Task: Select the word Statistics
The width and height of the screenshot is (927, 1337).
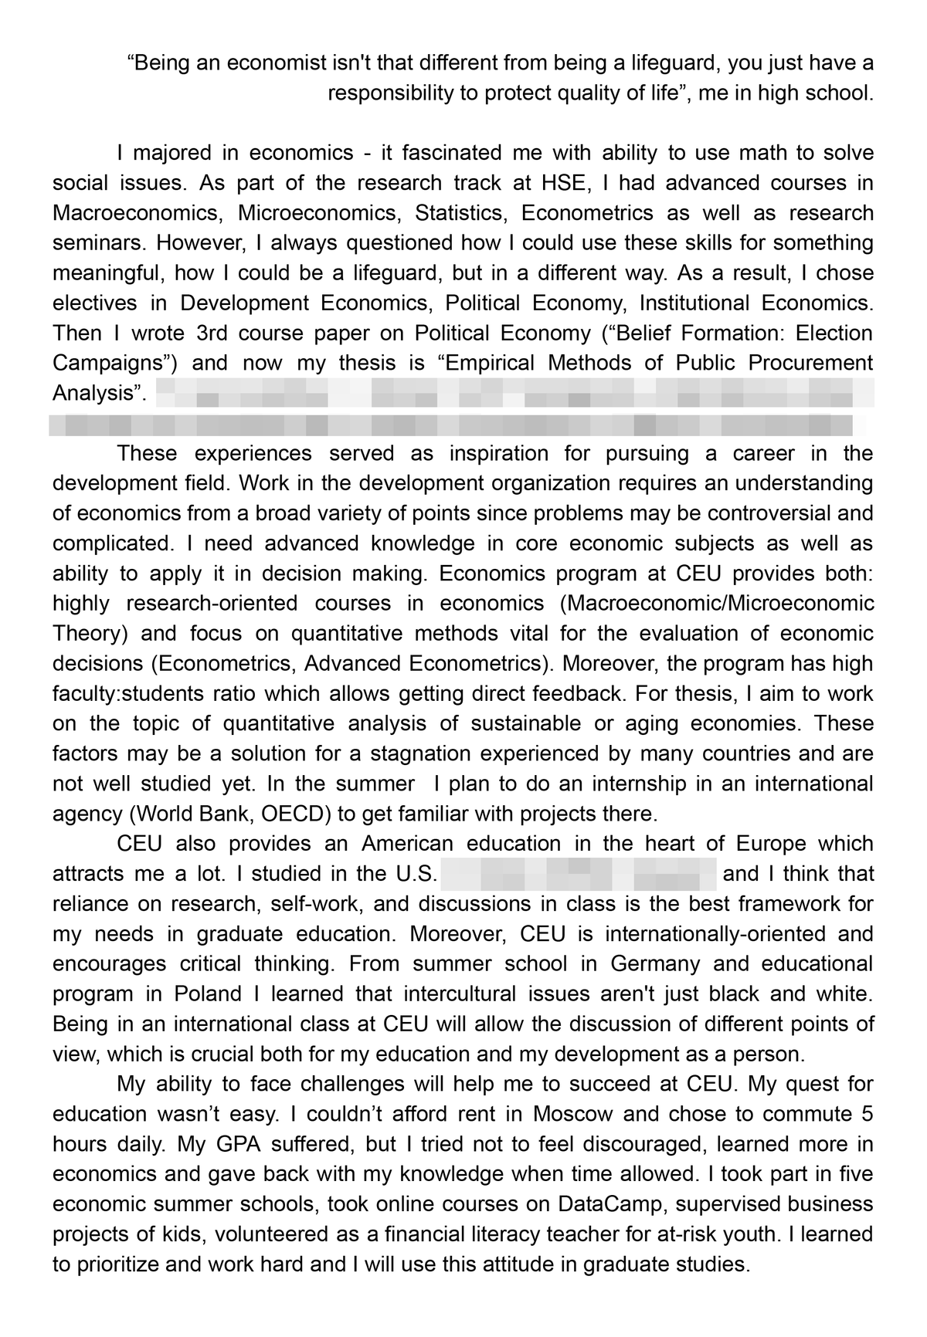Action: (x=464, y=213)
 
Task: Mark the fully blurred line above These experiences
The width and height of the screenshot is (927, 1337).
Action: (x=451, y=424)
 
